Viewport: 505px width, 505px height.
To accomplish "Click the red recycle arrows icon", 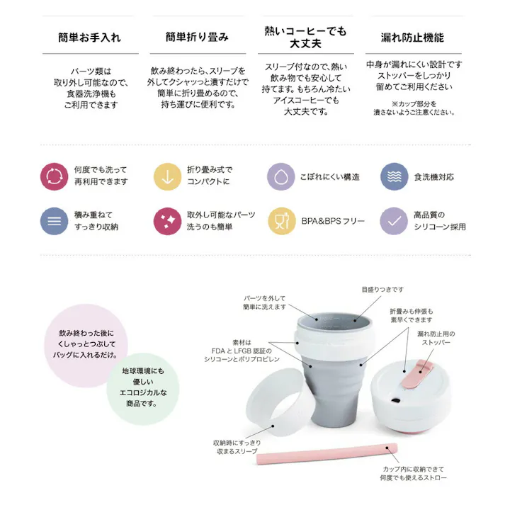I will [54, 176].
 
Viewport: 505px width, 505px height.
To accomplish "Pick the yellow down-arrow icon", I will [168, 176].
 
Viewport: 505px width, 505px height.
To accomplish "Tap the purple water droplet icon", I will [281, 176].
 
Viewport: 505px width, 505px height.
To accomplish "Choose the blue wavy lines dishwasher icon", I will [395, 176].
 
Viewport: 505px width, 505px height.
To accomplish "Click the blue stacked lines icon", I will [54, 221].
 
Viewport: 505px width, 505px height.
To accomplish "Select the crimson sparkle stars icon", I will [168, 221].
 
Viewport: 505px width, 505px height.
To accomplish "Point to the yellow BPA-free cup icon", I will [281, 221].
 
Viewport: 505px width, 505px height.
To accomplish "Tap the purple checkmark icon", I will [395, 221].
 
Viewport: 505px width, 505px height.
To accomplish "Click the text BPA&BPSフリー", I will [333, 221].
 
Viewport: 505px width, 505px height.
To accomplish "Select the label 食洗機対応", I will [433, 176].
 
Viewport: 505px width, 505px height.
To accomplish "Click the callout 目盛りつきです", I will [383, 290].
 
